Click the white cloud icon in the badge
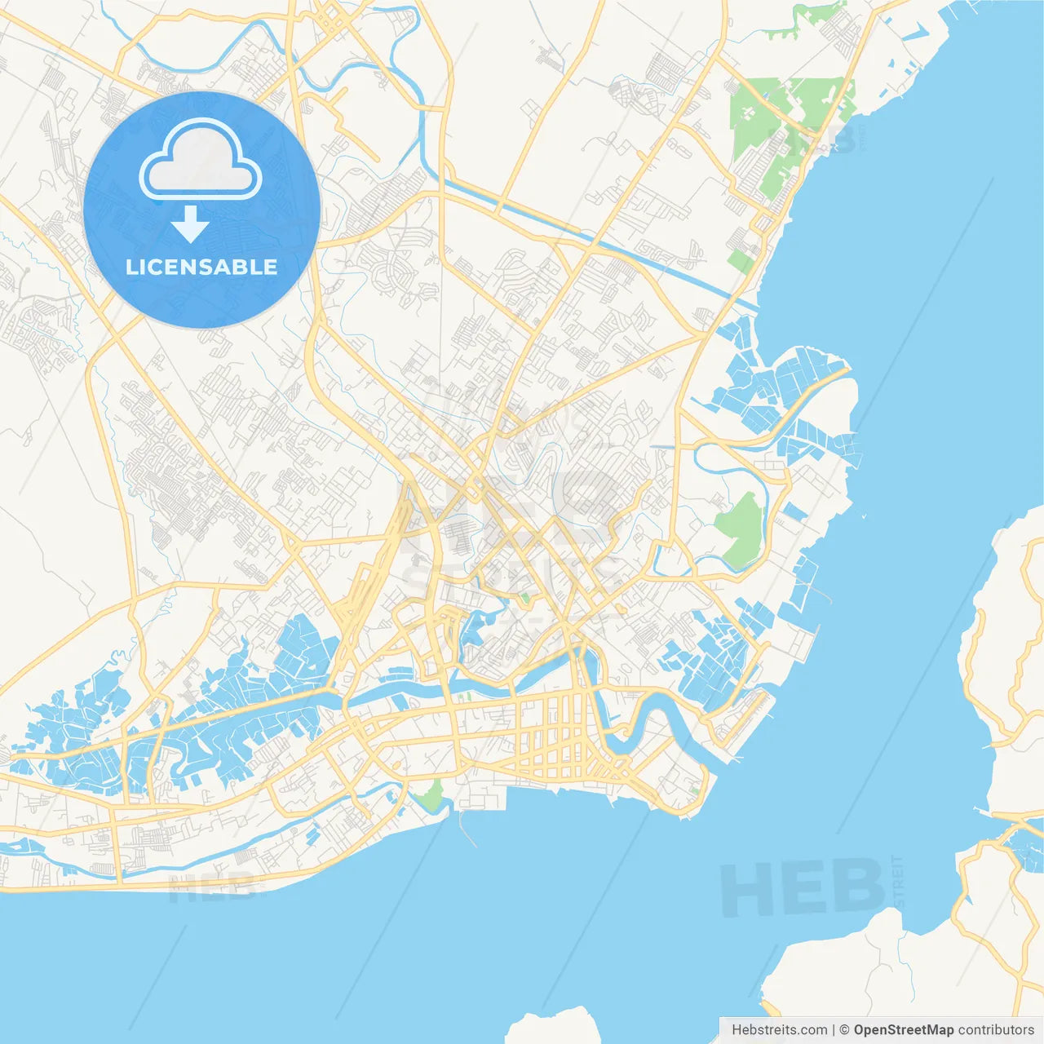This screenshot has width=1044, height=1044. (x=201, y=160)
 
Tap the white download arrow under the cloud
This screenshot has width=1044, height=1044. (x=190, y=224)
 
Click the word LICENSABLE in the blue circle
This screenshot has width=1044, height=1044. (x=201, y=267)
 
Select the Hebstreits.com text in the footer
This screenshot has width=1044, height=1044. (x=779, y=1030)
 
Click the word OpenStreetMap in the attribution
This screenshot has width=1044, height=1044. (x=903, y=1030)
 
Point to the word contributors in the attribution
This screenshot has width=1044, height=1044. (x=996, y=1030)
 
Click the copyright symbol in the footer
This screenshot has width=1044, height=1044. (x=844, y=1030)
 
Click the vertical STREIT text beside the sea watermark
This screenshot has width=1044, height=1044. (x=900, y=881)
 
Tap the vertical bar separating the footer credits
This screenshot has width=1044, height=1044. (x=834, y=1030)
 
